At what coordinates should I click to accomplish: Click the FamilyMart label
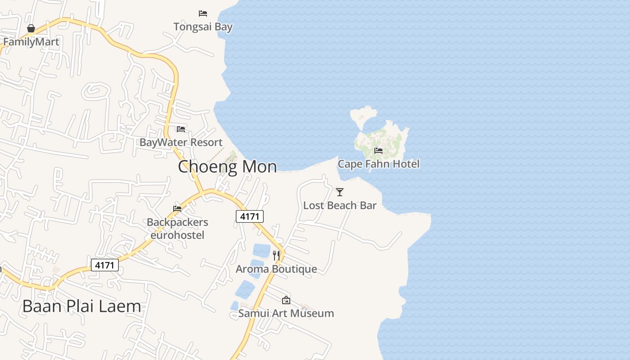pyautogui.click(x=31, y=42)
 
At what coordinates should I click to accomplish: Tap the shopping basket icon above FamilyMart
pyautogui.click(x=31, y=29)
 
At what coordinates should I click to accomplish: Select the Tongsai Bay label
pyautogui.click(x=203, y=27)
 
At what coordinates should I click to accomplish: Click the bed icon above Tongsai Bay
pyautogui.click(x=203, y=13)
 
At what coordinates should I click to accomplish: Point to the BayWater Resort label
pyautogui.click(x=181, y=142)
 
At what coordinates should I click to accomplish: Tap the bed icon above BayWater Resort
pyautogui.click(x=181, y=129)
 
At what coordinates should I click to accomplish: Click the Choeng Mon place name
pyautogui.click(x=227, y=166)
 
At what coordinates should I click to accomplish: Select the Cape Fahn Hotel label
pyautogui.click(x=378, y=164)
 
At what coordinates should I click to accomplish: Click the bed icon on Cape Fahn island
pyautogui.click(x=378, y=151)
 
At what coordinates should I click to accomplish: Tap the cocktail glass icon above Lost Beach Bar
pyautogui.click(x=340, y=192)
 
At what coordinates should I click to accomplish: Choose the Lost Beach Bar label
pyautogui.click(x=340, y=206)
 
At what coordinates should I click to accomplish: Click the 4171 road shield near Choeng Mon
pyautogui.click(x=250, y=216)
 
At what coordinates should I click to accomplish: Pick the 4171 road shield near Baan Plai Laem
pyautogui.click(x=105, y=265)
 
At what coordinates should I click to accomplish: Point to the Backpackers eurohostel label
pyautogui.click(x=177, y=229)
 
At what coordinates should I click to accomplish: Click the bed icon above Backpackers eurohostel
pyautogui.click(x=177, y=209)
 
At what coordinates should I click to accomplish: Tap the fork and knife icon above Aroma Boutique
pyautogui.click(x=276, y=256)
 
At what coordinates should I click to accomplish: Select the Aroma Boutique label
pyautogui.click(x=276, y=269)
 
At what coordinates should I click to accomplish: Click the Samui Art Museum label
pyautogui.click(x=286, y=313)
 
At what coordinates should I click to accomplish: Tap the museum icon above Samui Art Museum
pyautogui.click(x=286, y=300)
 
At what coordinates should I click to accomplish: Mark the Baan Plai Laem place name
pyautogui.click(x=81, y=306)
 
